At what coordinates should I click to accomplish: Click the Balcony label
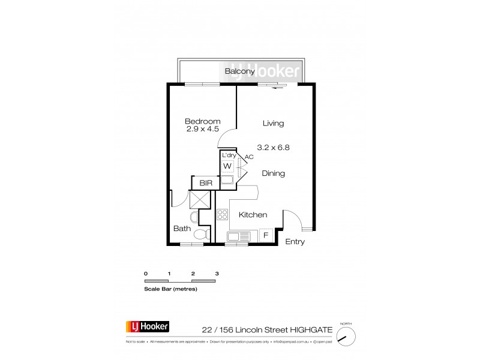(241, 71)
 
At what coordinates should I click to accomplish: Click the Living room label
(273, 123)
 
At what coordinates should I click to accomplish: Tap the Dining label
(273, 173)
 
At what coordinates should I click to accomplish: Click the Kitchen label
(253, 215)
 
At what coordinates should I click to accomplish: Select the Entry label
(295, 242)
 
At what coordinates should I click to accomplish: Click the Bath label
(182, 229)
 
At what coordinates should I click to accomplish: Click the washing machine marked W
(227, 166)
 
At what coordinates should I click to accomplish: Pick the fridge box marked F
(265, 235)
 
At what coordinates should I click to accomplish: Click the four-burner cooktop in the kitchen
(222, 214)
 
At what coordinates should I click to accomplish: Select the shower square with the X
(199, 199)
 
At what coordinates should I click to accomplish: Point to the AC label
(249, 157)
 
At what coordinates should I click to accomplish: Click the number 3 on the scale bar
(217, 273)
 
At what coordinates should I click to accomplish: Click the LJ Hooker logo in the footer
(147, 326)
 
